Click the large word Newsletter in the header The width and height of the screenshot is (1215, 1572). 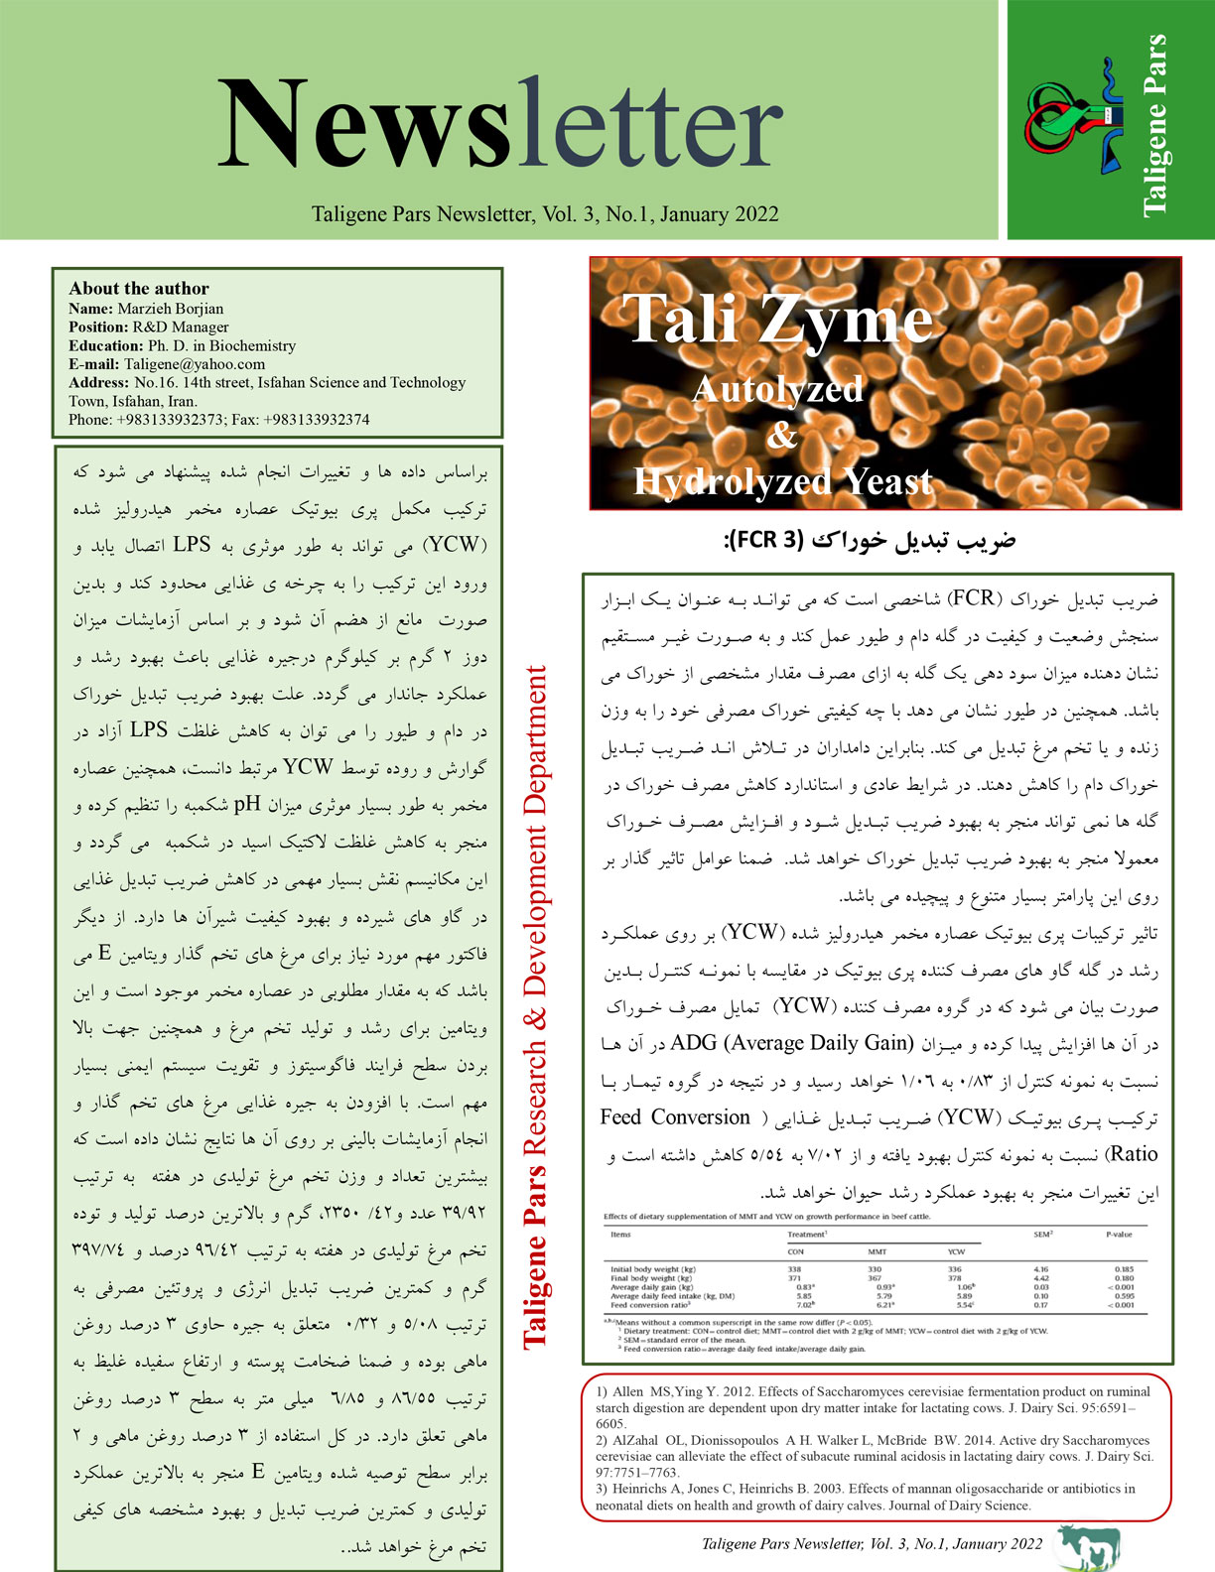pos(500,124)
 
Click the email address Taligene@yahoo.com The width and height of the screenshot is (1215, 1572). pos(196,364)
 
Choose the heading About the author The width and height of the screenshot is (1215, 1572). pos(139,289)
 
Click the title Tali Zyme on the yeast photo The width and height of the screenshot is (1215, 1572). pos(781,320)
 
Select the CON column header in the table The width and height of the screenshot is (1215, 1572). pos(795,1251)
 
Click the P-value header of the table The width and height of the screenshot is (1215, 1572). pos(1119,1235)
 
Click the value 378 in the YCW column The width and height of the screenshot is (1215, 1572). pos(954,1277)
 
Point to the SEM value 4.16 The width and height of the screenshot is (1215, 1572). pos(1040,1269)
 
